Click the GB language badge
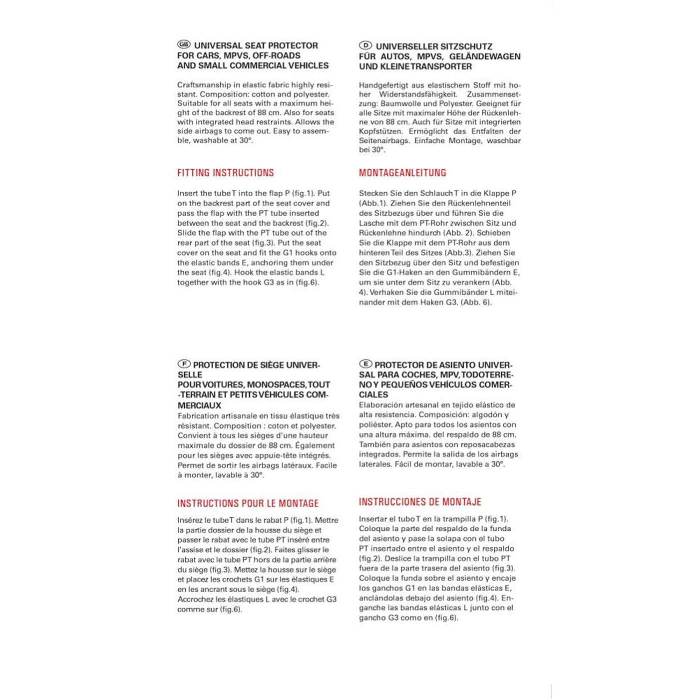(184, 44)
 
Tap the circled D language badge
(365, 45)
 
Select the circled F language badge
(184, 364)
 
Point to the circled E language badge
(365, 364)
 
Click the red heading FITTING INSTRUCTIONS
(225, 173)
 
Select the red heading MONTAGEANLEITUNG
(402, 173)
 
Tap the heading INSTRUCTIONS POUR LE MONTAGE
(248, 503)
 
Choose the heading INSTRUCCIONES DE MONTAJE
(420, 502)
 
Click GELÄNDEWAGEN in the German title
(484, 56)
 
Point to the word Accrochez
(195, 599)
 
